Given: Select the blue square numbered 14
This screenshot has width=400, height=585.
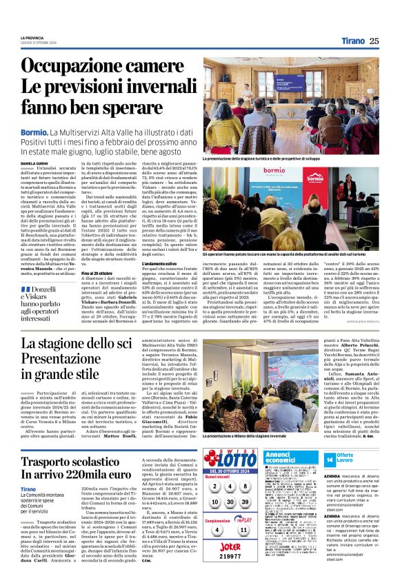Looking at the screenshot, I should click(330, 458).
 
